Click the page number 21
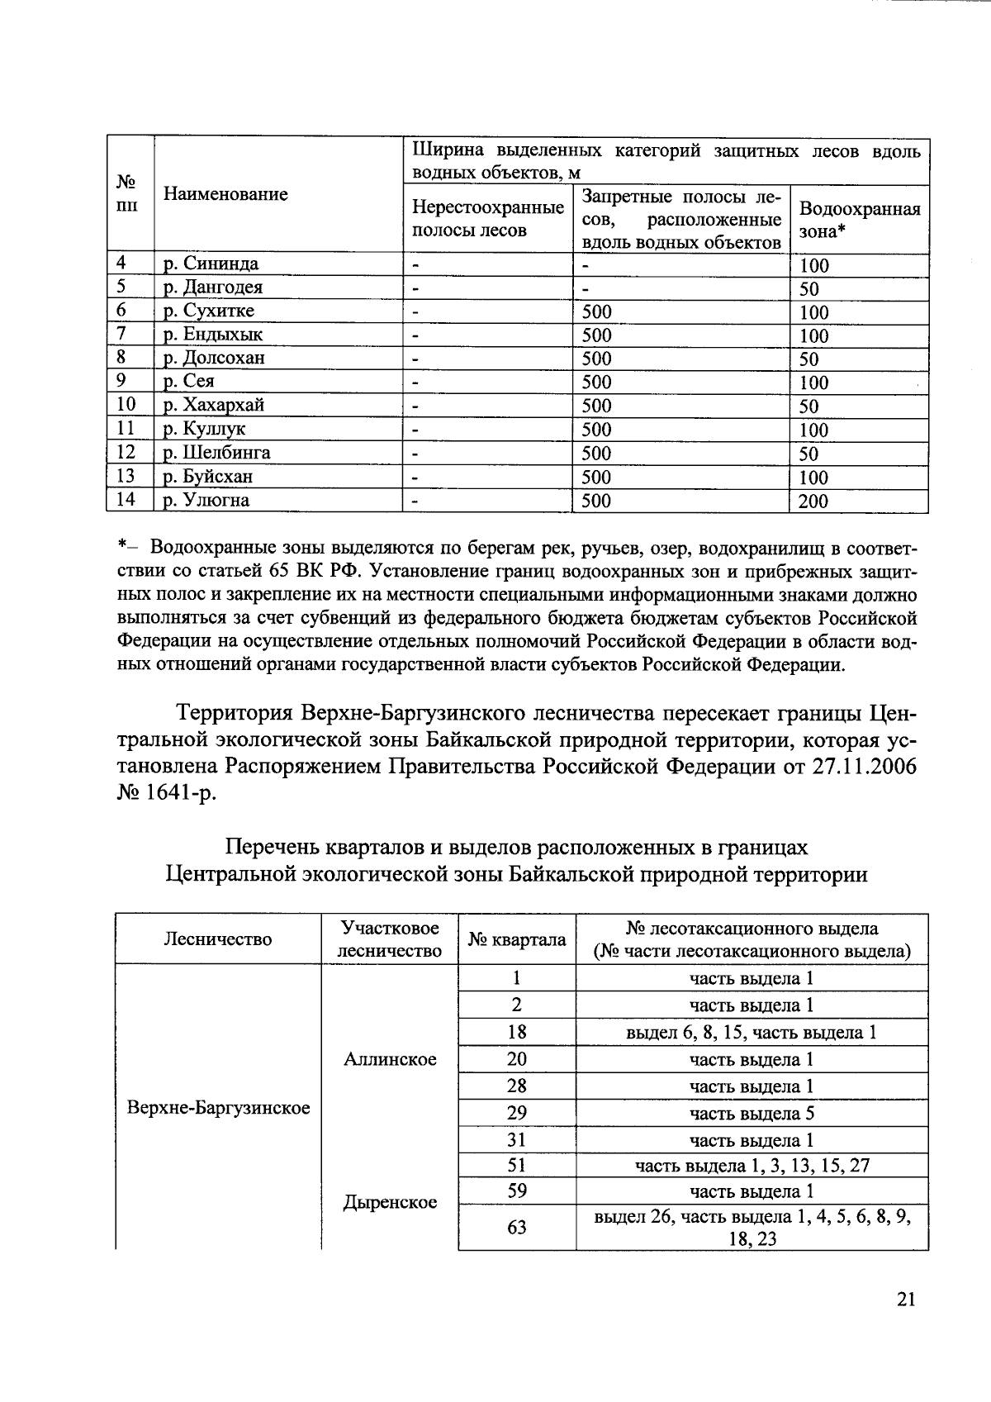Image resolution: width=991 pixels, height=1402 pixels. [x=905, y=1300]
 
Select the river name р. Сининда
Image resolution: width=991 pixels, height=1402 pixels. [x=211, y=264]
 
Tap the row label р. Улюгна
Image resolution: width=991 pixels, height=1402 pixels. [x=206, y=501]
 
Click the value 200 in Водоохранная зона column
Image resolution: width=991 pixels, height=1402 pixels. [x=813, y=501]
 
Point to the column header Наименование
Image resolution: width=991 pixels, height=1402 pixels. [x=225, y=194]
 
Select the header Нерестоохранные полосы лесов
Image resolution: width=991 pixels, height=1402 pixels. [x=487, y=219]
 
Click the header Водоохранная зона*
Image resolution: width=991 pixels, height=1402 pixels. [x=859, y=220]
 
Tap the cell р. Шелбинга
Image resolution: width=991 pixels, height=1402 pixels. [x=216, y=453]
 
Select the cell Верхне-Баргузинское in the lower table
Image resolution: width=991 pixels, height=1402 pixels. [x=218, y=1108]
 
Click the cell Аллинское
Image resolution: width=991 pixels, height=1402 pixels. [x=390, y=1059]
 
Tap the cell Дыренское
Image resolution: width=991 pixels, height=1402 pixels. [x=390, y=1203]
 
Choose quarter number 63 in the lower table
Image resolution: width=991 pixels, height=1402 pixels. [x=516, y=1228]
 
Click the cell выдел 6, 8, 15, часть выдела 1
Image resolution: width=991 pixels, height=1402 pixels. [x=752, y=1032]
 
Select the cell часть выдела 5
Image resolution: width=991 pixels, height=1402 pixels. [x=752, y=1113]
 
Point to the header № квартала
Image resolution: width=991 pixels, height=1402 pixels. [x=516, y=939]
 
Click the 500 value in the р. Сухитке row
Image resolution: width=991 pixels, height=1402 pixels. [x=596, y=311]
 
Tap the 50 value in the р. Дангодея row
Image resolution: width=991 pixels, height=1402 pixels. [x=808, y=289]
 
